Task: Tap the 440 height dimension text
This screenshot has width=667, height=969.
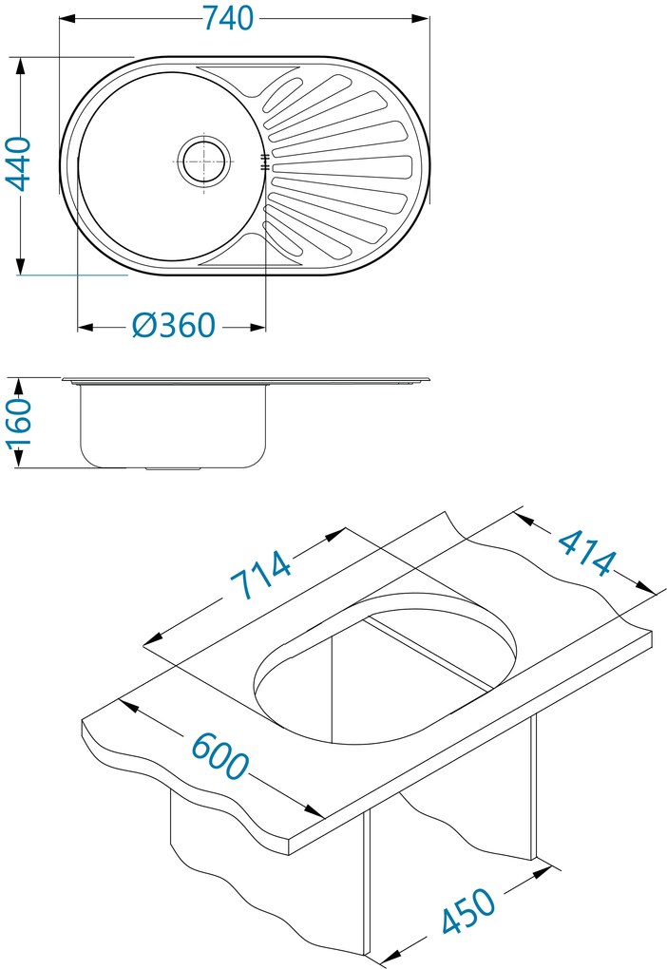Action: pyautogui.click(x=20, y=164)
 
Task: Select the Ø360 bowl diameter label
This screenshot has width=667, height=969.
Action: pyautogui.click(x=173, y=326)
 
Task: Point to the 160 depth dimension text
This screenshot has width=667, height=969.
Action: pyautogui.click(x=20, y=423)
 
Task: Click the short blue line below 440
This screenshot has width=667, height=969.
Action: pyautogui.click(x=71, y=275)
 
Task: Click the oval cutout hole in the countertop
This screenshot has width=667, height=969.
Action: pyautogui.click(x=385, y=670)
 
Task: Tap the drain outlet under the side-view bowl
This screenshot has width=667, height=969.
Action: pyautogui.click(x=173, y=468)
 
